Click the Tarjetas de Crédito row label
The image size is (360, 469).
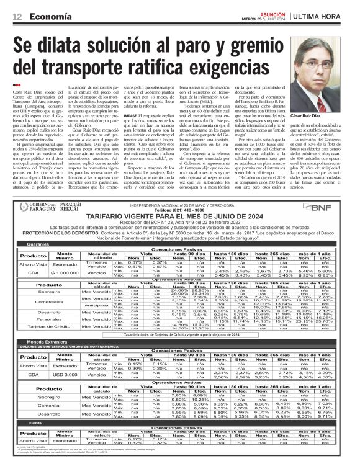[x=38, y=326]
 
